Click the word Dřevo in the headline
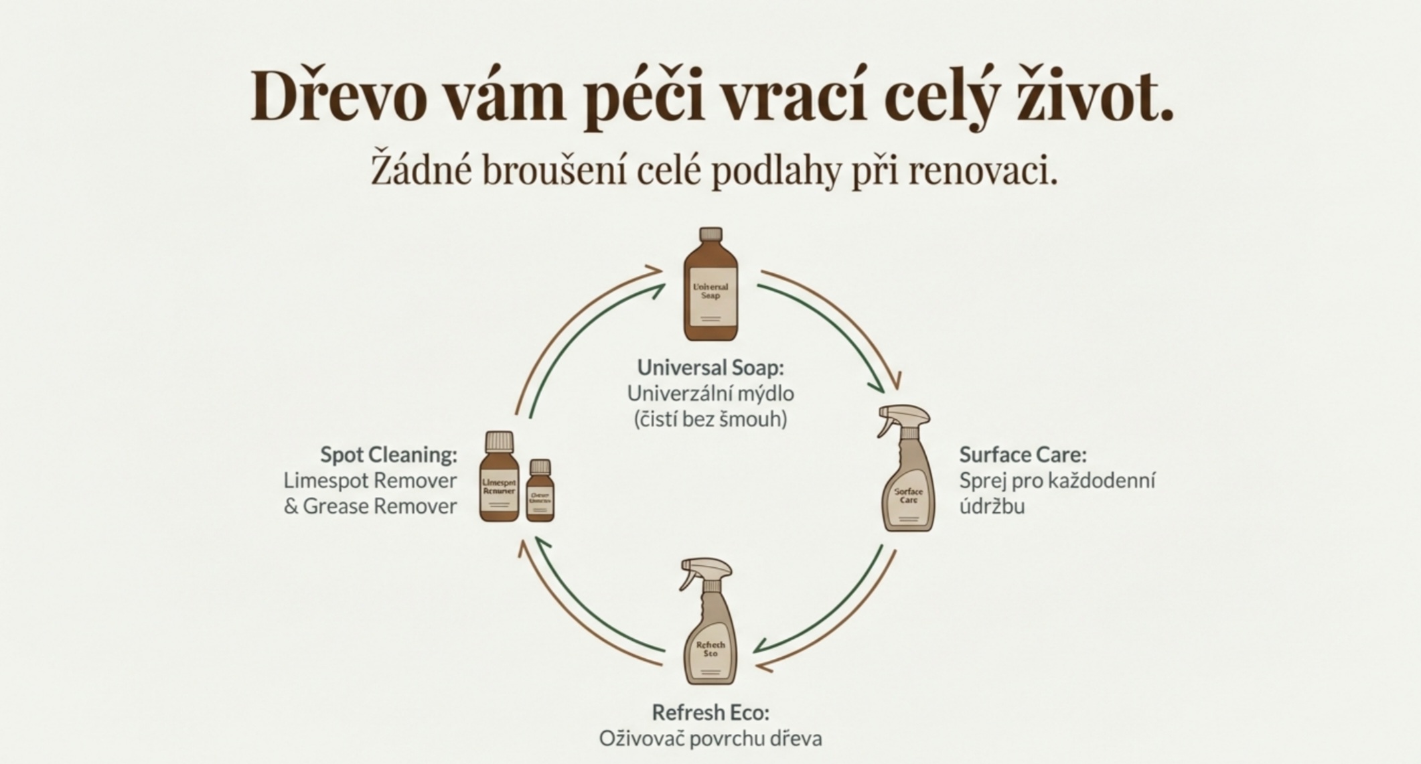(x=338, y=98)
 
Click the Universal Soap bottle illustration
(x=710, y=295)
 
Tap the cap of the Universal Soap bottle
(x=710, y=234)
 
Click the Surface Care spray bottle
(x=908, y=482)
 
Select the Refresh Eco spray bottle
(x=710, y=636)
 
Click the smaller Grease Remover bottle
(x=540, y=495)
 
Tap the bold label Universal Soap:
(x=710, y=367)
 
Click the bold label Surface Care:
(x=1023, y=455)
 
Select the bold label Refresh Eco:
(x=710, y=712)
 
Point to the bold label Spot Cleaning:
(x=388, y=455)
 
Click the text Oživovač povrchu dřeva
(x=710, y=739)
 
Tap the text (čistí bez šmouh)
(x=710, y=419)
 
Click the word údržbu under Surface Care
(x=992, y=506)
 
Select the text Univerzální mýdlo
(x=710, y=393)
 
